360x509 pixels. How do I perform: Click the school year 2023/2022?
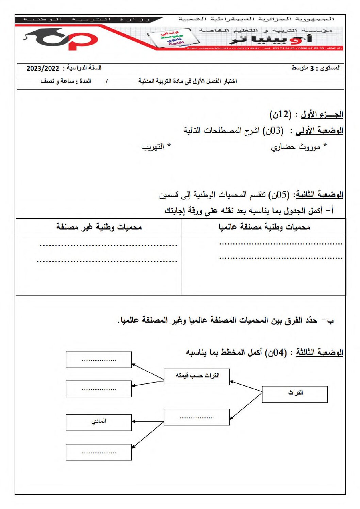click(43, 68)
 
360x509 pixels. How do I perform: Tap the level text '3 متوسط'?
click(302, 68)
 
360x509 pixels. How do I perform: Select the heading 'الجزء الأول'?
click(322, 115)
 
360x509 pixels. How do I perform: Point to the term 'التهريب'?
click(153, 147)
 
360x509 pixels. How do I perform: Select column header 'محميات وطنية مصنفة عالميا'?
click(264, 227)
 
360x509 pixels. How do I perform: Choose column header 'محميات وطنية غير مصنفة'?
click(99, 227)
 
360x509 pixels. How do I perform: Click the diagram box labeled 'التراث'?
click(295, 394)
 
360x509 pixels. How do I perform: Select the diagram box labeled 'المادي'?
click(99, 422)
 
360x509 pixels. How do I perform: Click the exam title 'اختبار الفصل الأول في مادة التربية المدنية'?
click(187, 81)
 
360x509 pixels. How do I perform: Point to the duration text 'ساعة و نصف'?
click(57, 81)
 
